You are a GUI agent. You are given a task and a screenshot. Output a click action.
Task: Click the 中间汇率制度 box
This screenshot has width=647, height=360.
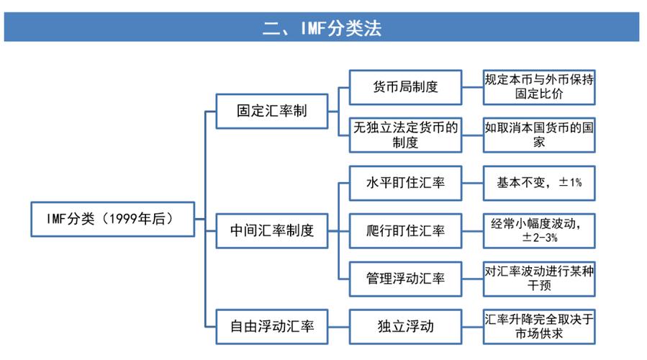(x=271, y=231)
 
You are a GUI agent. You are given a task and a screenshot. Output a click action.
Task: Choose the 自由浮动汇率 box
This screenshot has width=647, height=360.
(x=271, y=327)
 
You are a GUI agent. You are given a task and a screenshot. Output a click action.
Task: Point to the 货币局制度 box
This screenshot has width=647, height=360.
(x=404, y=87)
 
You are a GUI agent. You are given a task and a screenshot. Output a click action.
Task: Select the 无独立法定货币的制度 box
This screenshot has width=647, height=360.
(x=404, y=134)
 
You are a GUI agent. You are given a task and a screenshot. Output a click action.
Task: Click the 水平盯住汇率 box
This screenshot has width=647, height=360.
(x=404, y=183)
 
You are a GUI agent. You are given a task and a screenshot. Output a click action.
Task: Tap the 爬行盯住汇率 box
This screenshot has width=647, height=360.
(x=404, y=231)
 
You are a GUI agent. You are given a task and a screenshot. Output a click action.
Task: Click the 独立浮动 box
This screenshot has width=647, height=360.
(x=404, y=327)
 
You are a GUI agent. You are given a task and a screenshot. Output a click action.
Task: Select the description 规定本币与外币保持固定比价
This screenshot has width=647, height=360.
(x=539, y=87)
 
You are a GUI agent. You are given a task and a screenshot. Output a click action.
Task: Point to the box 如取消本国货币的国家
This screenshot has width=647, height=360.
(x=539, y=134)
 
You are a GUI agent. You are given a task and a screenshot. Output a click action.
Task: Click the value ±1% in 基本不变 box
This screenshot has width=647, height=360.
(x=566, y=183)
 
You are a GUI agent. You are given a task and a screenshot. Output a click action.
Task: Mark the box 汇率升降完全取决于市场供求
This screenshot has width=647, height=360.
(x=539, y=327)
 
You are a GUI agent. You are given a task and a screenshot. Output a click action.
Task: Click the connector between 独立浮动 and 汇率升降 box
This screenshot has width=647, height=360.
(x=471, y=327)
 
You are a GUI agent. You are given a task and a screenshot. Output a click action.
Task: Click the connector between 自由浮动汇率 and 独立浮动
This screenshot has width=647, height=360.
(x=338, y=327)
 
